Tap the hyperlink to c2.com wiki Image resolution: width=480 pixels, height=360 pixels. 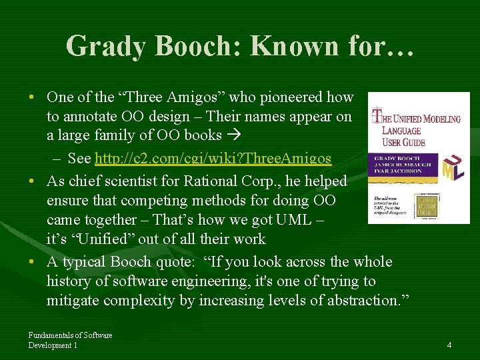(x=213, y=158)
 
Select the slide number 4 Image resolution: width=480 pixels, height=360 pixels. (x=449, y=345)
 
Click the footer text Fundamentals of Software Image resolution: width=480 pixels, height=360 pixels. (x=70, y=335)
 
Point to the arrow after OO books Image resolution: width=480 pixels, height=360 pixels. (x=233, y=135)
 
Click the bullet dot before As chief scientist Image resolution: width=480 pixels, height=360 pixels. (x=32, y=181)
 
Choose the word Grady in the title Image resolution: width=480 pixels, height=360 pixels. (x=109, y=45)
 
